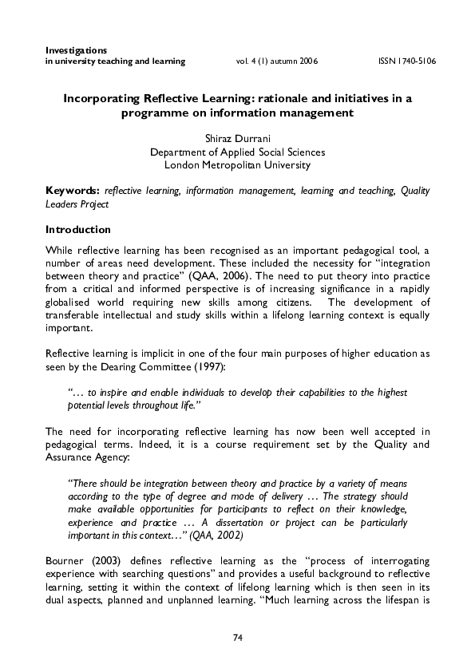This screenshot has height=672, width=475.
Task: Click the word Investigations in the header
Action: (77, 50)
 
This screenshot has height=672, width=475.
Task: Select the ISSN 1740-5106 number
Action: (406, 61)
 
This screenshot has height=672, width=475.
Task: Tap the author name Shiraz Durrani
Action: (237, 138)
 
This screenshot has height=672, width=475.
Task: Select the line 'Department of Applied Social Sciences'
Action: (237, 152)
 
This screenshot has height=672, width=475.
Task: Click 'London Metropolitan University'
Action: (237, 165)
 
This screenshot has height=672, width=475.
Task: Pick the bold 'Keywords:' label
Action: (73, 191)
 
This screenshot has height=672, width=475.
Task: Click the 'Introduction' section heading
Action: (77, 229)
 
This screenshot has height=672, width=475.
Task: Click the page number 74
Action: (237, 638)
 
